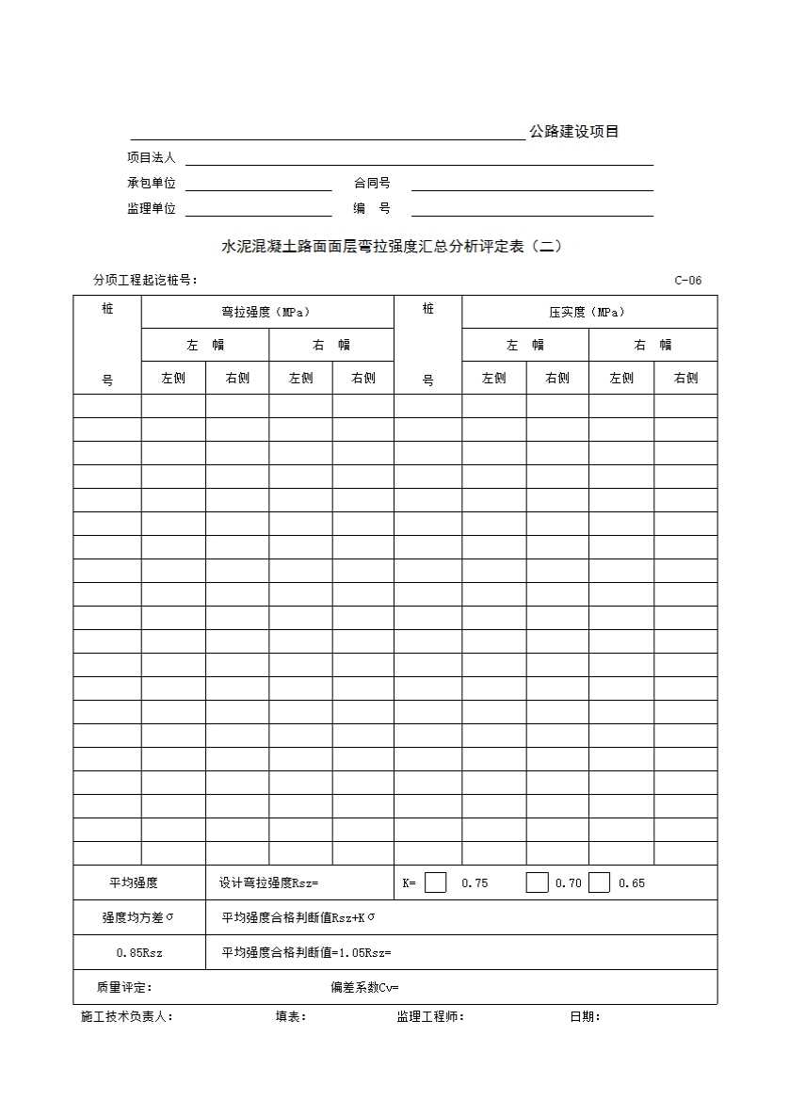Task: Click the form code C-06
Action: (x=687, y=280)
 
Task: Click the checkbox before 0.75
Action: (x=436, y=882)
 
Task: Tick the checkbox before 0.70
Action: (x=537, y=882)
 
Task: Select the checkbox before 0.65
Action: (x=600, y=882)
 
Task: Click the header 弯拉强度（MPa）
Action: (x=266, y=312)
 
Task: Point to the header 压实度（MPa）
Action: (x=588, y=312)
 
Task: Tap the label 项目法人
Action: (x=152, y=157)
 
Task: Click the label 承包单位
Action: (x=152, y=183)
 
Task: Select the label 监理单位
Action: (x=152, y=208)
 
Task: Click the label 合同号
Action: (x=372, y=183)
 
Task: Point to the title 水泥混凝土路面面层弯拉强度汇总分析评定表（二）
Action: (x=392, y=247)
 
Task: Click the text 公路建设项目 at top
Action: (x=573, y=132)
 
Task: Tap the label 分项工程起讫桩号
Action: (x=145, y=280)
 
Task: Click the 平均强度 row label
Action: (x=134, y=882)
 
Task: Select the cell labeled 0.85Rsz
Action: (x=139, y=952)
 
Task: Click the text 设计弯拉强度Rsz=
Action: (x=269, y=882)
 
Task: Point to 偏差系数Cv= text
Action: (x=364, y=987)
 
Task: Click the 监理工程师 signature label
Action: (x=430, y=1016)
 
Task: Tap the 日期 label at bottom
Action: (x=585, y=1016)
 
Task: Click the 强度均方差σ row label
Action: (x=138, y=917)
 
